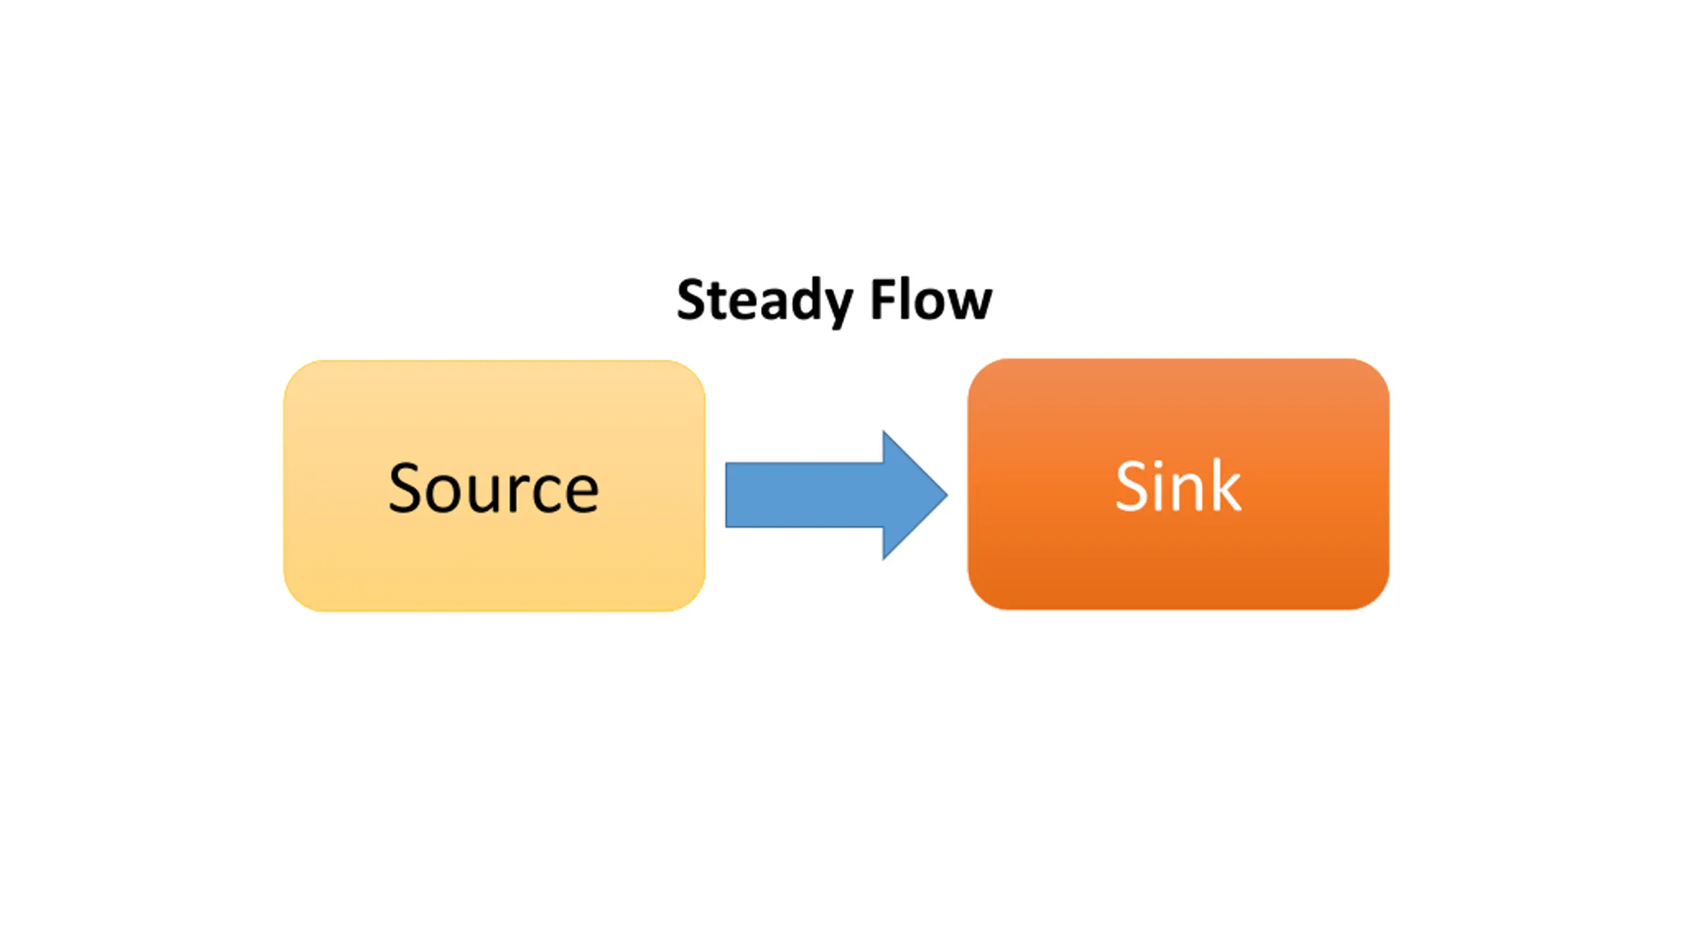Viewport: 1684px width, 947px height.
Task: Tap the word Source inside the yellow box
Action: [493, 488]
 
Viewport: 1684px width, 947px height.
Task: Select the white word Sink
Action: [1178, 485]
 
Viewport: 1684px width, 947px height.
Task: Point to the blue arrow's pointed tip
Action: [947, 495]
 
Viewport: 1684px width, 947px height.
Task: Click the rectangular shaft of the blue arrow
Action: [804, 495]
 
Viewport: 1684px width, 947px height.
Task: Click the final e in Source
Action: [582, 494]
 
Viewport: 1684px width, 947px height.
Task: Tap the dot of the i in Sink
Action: [1160, 463]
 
